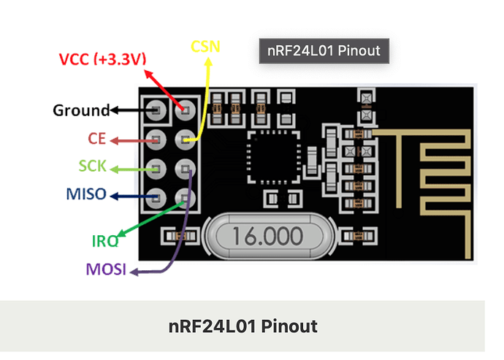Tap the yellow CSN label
point(205,47)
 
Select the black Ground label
point(80,110)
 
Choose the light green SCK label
point(93,167)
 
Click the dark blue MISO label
point(86,195)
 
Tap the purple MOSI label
point(106,270)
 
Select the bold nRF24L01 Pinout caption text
point(243,326)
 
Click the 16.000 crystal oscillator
point(267,235)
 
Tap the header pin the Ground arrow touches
point(156,110)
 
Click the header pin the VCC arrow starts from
point(185,110)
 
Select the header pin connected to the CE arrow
point(156,139)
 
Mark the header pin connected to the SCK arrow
point(156,168)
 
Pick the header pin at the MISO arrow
point(156,196)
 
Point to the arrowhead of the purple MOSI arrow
point(133,273)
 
